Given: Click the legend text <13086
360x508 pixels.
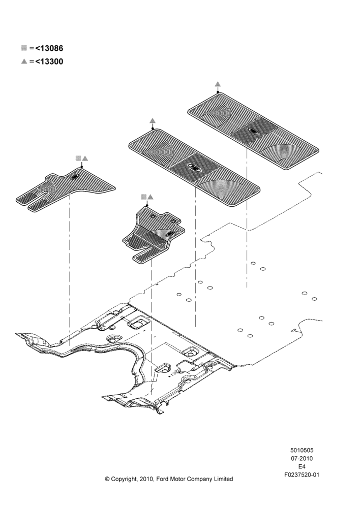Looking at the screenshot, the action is coord(49,48).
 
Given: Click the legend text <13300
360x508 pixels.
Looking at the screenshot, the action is coord(49,61).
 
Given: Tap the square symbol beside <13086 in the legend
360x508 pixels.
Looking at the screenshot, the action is coord(24,48).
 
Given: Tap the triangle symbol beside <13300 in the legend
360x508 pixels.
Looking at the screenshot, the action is coord(24,61).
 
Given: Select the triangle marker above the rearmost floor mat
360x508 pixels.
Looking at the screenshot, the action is coord(218,84).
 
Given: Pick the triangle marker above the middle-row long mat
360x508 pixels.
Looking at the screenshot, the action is coord(153,121).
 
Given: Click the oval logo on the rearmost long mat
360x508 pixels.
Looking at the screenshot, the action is coord(253,131).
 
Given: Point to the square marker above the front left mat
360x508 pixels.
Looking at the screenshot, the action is coord(78,158).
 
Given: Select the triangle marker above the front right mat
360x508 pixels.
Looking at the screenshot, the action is coord(150,197).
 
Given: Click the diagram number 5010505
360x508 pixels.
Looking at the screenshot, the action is coord(302,450).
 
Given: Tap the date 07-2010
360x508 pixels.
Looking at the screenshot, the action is coord(302,458).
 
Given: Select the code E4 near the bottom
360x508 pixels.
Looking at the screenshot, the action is coord(302,467).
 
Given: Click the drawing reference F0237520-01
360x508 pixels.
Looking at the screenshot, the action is coord(302,475).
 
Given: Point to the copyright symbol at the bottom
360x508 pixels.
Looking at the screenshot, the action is coord(107,479).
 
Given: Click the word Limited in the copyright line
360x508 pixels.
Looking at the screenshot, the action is coord(223,479).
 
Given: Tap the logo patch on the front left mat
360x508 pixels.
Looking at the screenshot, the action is coord(75,176).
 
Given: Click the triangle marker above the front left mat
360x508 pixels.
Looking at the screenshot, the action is coord(85,158).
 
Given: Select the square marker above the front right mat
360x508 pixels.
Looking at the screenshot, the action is coord(143,197).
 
